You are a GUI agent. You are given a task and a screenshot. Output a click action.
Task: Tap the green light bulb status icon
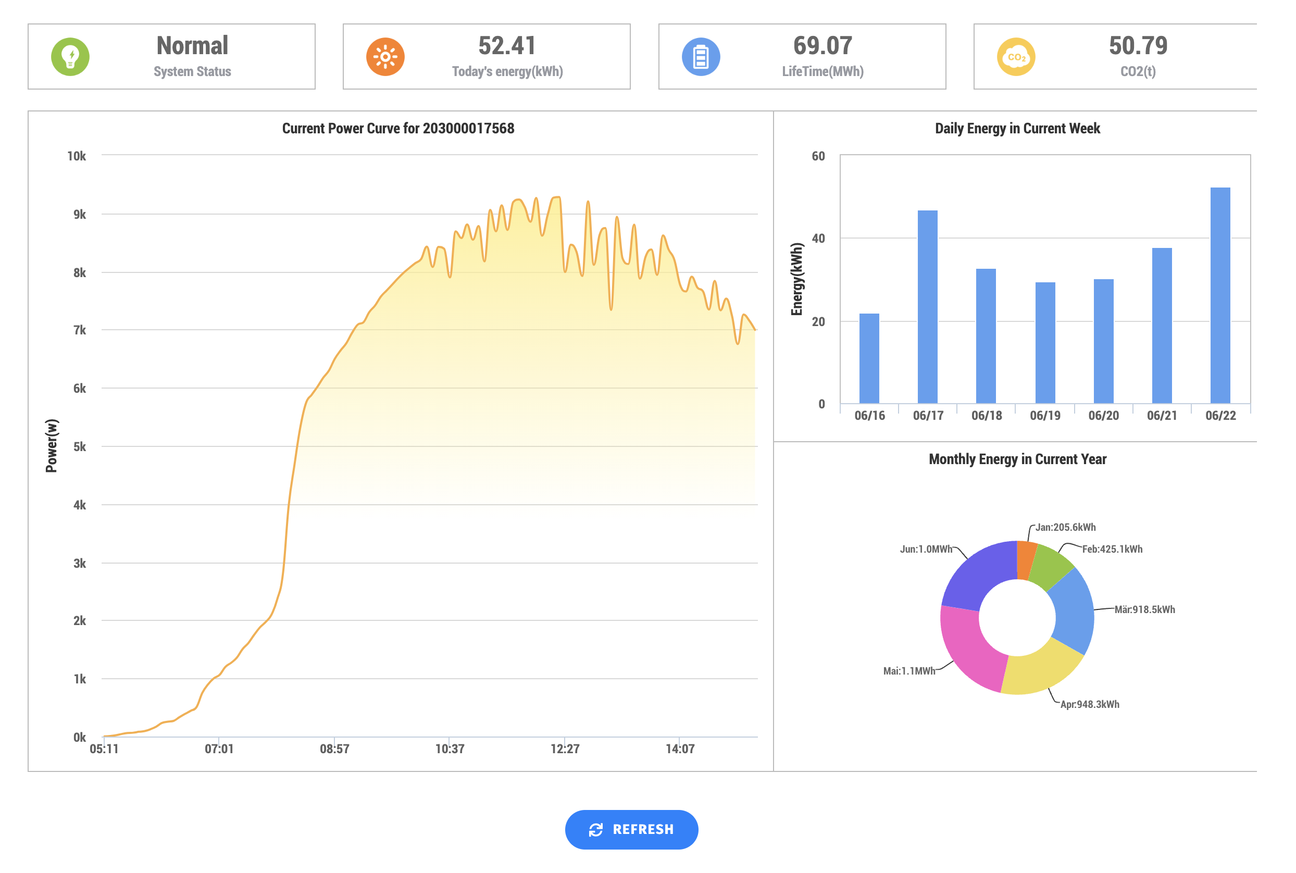click(70, 56)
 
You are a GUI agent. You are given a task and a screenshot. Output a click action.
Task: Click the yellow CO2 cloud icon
click(1015, 56)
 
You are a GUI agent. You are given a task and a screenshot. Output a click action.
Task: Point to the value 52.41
click(507, 46)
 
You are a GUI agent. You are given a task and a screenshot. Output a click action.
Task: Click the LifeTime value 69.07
click(823, 46)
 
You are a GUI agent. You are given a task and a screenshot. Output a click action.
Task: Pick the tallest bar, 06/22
click(1220, 295)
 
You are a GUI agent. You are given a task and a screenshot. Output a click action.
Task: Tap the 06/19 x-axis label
click(1044, 415)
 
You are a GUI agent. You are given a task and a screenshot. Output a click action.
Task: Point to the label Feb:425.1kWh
click(1112, 549)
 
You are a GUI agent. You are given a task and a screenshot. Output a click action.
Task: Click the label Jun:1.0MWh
click(926, 549)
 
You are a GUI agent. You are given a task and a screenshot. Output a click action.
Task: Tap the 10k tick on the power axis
click(76, 156)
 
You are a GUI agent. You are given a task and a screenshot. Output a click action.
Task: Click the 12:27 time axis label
click(565, 749)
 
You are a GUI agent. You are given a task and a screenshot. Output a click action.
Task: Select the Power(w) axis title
click(51, 445)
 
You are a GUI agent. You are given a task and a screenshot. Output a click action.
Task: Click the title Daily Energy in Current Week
click(1017, 129)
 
